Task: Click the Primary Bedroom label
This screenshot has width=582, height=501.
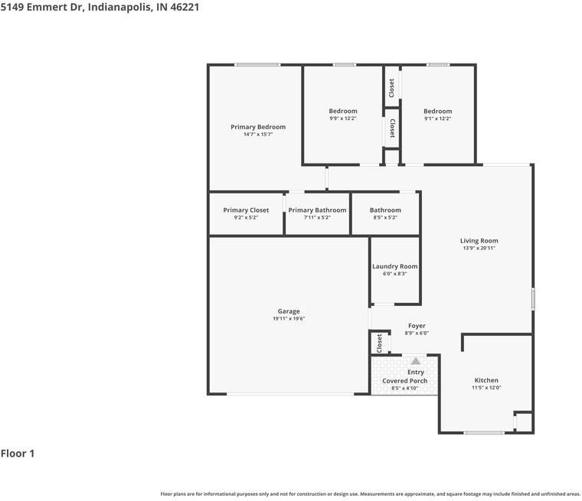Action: pos(258,127)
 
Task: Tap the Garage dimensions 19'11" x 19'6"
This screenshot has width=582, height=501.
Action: pos(289,318)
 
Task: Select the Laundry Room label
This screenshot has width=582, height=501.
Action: pos(395,266)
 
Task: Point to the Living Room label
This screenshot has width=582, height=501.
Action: pos(479,241)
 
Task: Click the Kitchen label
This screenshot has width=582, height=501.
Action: pos(486,380)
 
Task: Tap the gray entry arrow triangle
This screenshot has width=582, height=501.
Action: pos(416,360)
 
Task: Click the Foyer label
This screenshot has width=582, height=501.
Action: pos(417,326)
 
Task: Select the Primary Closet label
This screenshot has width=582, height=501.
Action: pos(246,210)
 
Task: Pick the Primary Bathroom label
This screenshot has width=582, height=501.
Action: pos(317,210)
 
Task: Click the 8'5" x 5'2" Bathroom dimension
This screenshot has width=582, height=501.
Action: pos(385,217)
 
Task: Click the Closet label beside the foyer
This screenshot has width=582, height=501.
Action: pos(379,343)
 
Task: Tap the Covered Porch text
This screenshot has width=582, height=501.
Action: pos(405,381)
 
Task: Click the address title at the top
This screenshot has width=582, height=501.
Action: pos(100,7)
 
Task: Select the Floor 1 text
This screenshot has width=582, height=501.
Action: pos(18,453)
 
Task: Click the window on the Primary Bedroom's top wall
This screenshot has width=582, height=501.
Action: pos(257,65)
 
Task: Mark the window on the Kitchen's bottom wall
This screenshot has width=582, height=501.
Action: pos(484,432)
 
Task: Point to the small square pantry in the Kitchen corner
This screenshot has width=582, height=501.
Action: pos(524,422)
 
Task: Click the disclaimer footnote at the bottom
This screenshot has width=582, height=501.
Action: pos(371,494)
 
